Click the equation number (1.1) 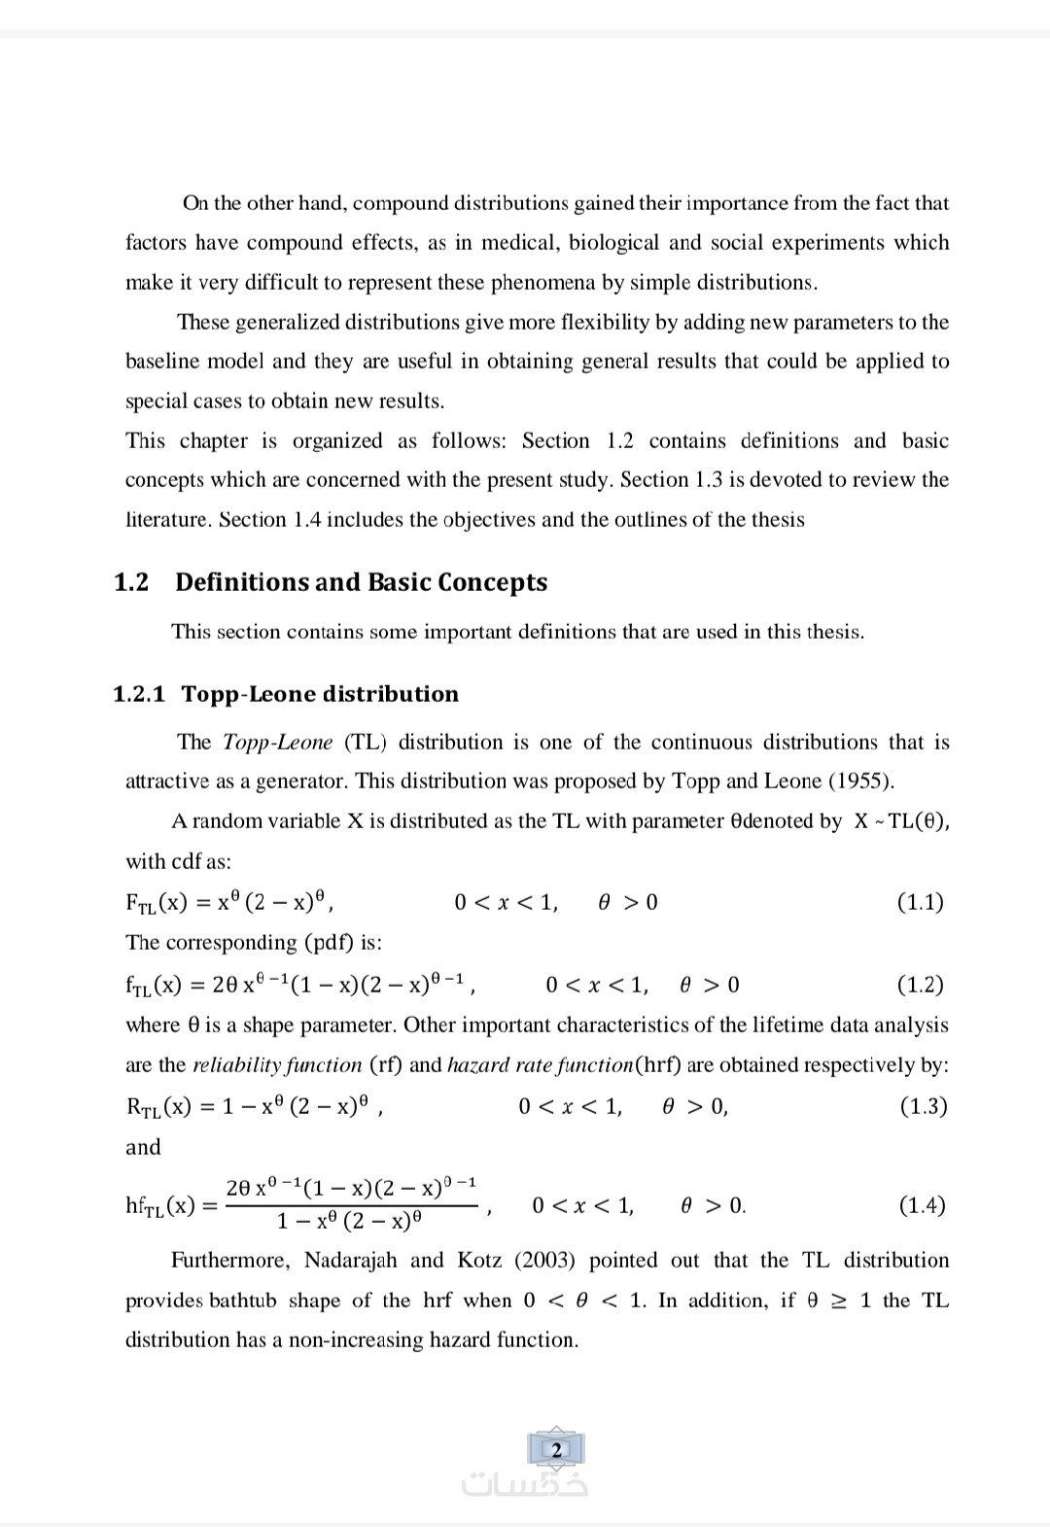(x=920, y=902)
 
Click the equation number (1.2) (x=920, y=985)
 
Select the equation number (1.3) (x=923, y=1106)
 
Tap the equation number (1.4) (x=922, y=1206)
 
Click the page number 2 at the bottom (x=556, y=1450)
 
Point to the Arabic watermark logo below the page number (x=525, y=1484)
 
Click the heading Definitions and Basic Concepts (x=361, y=582)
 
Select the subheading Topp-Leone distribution (x=320, y=694)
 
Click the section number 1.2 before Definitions (x=131, y=582)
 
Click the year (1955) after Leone (x=860, y=781)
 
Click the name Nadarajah (x=350, y=1261)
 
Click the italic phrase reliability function (x=277, y=1065)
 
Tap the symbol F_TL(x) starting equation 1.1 (x=156, y=903)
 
